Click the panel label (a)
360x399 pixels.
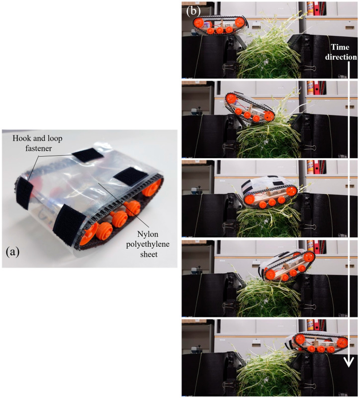(12, 252)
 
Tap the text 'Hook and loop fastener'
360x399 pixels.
(38, 143)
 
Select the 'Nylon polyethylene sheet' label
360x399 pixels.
(148, 244)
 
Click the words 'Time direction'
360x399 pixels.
(341, 52)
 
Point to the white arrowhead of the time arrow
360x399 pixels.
(349, 362)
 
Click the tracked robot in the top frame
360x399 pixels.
(219, 25)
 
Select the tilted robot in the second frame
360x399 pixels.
(250, 107)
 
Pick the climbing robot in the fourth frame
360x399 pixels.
(287, 266)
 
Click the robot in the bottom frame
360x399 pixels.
(316, 342)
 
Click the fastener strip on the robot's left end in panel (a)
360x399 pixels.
(24, 194)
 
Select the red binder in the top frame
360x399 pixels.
(317, 8)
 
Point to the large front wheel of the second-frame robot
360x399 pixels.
(269, 116)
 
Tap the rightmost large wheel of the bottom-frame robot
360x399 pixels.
(342, 342)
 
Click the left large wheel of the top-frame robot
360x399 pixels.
(198, 23)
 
